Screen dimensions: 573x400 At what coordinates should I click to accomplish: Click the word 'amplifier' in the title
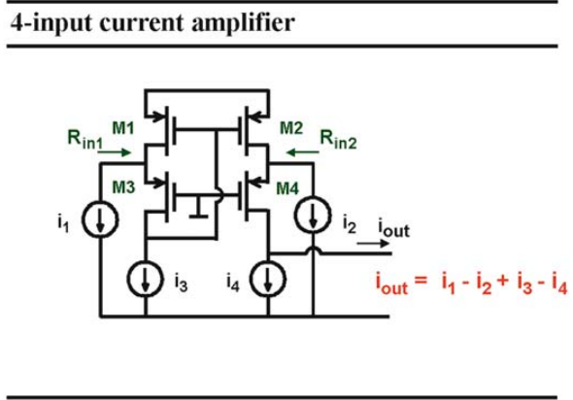(243, 23)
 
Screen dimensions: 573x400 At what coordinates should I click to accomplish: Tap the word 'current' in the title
(143, 23)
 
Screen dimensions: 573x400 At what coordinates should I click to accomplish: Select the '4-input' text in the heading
(51, 24)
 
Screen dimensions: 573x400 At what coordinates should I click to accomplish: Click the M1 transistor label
(123, 128)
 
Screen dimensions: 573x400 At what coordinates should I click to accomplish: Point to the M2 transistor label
(291, 128)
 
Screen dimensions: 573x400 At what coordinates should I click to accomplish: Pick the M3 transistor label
(123, 187)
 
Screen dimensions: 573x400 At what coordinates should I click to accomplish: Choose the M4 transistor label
(287, 188)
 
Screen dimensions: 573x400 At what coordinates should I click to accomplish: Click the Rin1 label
(85, 140)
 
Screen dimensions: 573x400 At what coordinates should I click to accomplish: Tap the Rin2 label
(338, 140)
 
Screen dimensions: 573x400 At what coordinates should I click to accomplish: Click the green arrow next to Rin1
(114, 152)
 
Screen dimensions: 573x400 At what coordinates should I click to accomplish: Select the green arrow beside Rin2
(302, 152)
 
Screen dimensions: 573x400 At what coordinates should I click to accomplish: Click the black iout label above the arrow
(394, 228)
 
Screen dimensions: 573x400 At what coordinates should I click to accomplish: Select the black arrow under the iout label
(373, 244)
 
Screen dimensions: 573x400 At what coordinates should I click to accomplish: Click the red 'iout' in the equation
(391, 283)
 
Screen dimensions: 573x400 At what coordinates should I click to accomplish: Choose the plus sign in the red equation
(503, 281)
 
